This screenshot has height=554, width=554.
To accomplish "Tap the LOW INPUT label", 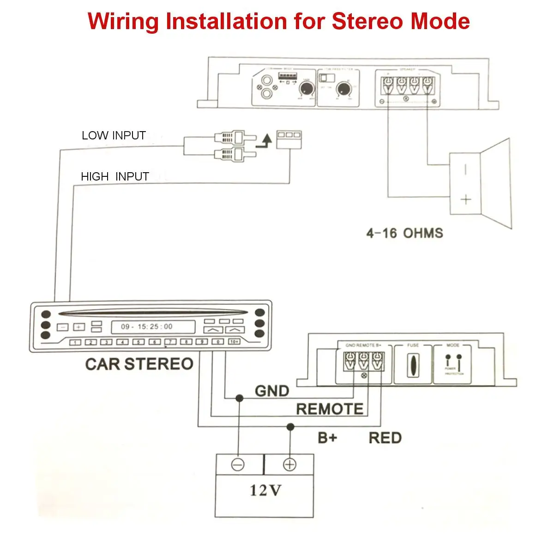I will tap(114, 135).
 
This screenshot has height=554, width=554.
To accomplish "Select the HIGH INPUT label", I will tap(114, 176).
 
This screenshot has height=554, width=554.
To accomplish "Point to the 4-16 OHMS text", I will tap(404, 233).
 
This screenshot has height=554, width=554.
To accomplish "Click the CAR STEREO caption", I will tap(139, 364).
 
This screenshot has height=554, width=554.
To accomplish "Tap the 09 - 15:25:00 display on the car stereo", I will tap(147, 326).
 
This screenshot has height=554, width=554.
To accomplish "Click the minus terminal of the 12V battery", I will tap(238, 464).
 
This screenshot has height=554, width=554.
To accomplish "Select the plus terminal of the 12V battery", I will tap(290, 464).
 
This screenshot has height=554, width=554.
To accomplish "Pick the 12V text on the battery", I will tap(265, 490).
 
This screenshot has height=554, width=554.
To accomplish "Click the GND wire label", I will tap(272, 391).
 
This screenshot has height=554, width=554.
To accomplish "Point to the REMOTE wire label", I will tap(330, 409).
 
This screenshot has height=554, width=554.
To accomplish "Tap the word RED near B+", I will tap(385, 438).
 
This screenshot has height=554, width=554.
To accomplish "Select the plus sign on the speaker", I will tap(466, 199).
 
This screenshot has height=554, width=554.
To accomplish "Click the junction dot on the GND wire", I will tap(239, 398).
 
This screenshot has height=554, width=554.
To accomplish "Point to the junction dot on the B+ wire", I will tap(290, 426).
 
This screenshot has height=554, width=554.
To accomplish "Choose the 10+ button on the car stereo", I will tap(234, 342).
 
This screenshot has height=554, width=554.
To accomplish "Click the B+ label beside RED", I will tap(328, 438).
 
